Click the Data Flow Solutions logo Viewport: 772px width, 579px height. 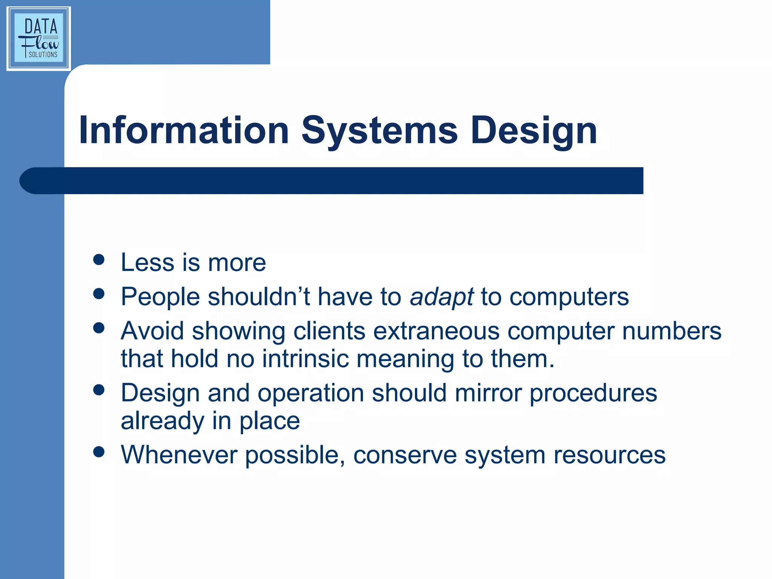coord(38,38)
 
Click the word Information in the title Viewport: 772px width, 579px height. coord(184,130)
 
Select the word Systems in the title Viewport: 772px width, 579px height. coord(379,130)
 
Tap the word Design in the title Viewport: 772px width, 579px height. coord(534,130)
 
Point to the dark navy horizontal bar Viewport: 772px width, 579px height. coord(332,181)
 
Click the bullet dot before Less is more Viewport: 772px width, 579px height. coord(99,259)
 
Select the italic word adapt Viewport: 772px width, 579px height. coord(441,297)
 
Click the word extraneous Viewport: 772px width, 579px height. coord(436,331)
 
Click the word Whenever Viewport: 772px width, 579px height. coord(179,455)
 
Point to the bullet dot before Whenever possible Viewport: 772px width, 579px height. coord(99,452)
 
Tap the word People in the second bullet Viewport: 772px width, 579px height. coord(160,297)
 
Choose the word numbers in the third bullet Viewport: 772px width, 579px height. coord(671,331)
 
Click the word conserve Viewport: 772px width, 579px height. coord(405,455)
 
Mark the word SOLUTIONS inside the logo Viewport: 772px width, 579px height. coord(43,55)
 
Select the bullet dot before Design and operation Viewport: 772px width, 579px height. coord(99,390)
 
